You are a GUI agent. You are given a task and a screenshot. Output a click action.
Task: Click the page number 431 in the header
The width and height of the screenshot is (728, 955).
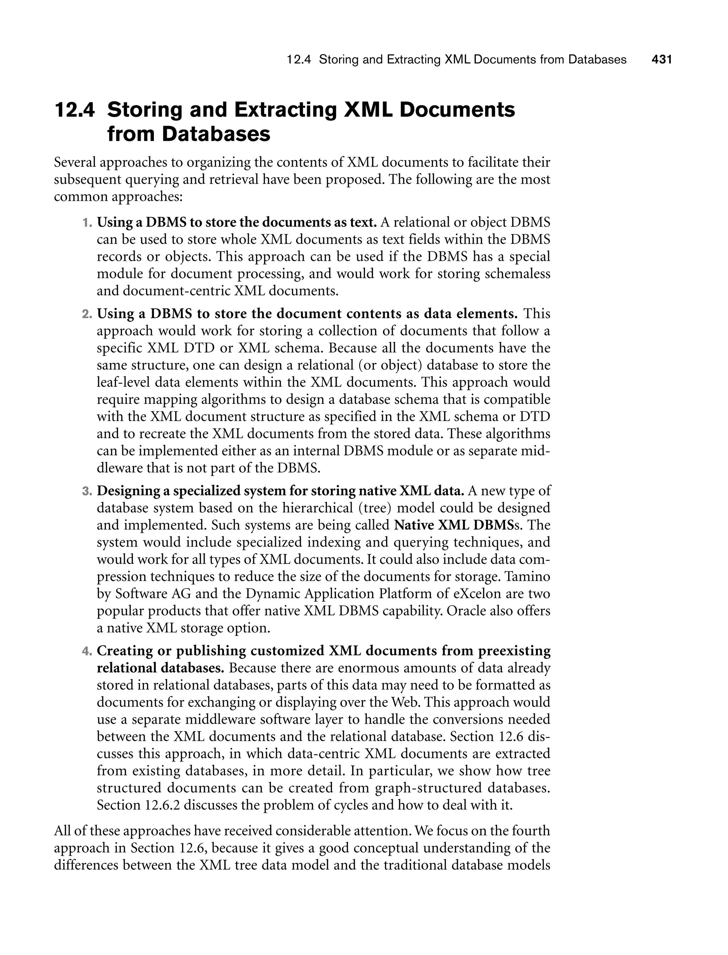click(662, 59)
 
